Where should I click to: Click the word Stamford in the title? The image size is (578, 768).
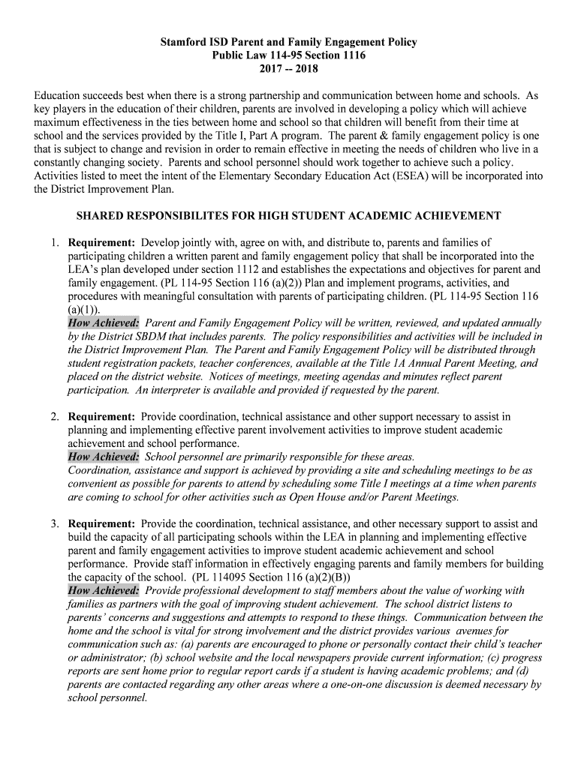(182, 43)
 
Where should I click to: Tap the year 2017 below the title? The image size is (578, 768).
(274, 70)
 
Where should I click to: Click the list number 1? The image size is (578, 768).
(55, 243)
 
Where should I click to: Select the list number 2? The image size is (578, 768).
(55, 416)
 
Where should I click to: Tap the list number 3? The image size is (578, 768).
(55, 524)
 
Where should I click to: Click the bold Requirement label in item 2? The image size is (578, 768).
(101, 416)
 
